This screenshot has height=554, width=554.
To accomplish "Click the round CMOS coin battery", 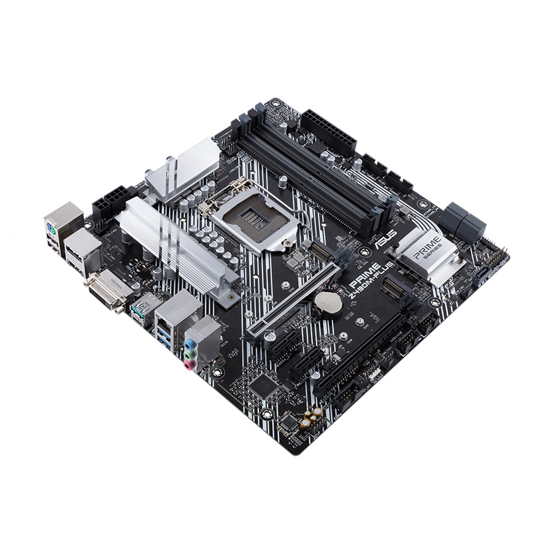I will pos(325,301).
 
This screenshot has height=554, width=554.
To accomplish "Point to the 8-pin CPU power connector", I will pos(108,202).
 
